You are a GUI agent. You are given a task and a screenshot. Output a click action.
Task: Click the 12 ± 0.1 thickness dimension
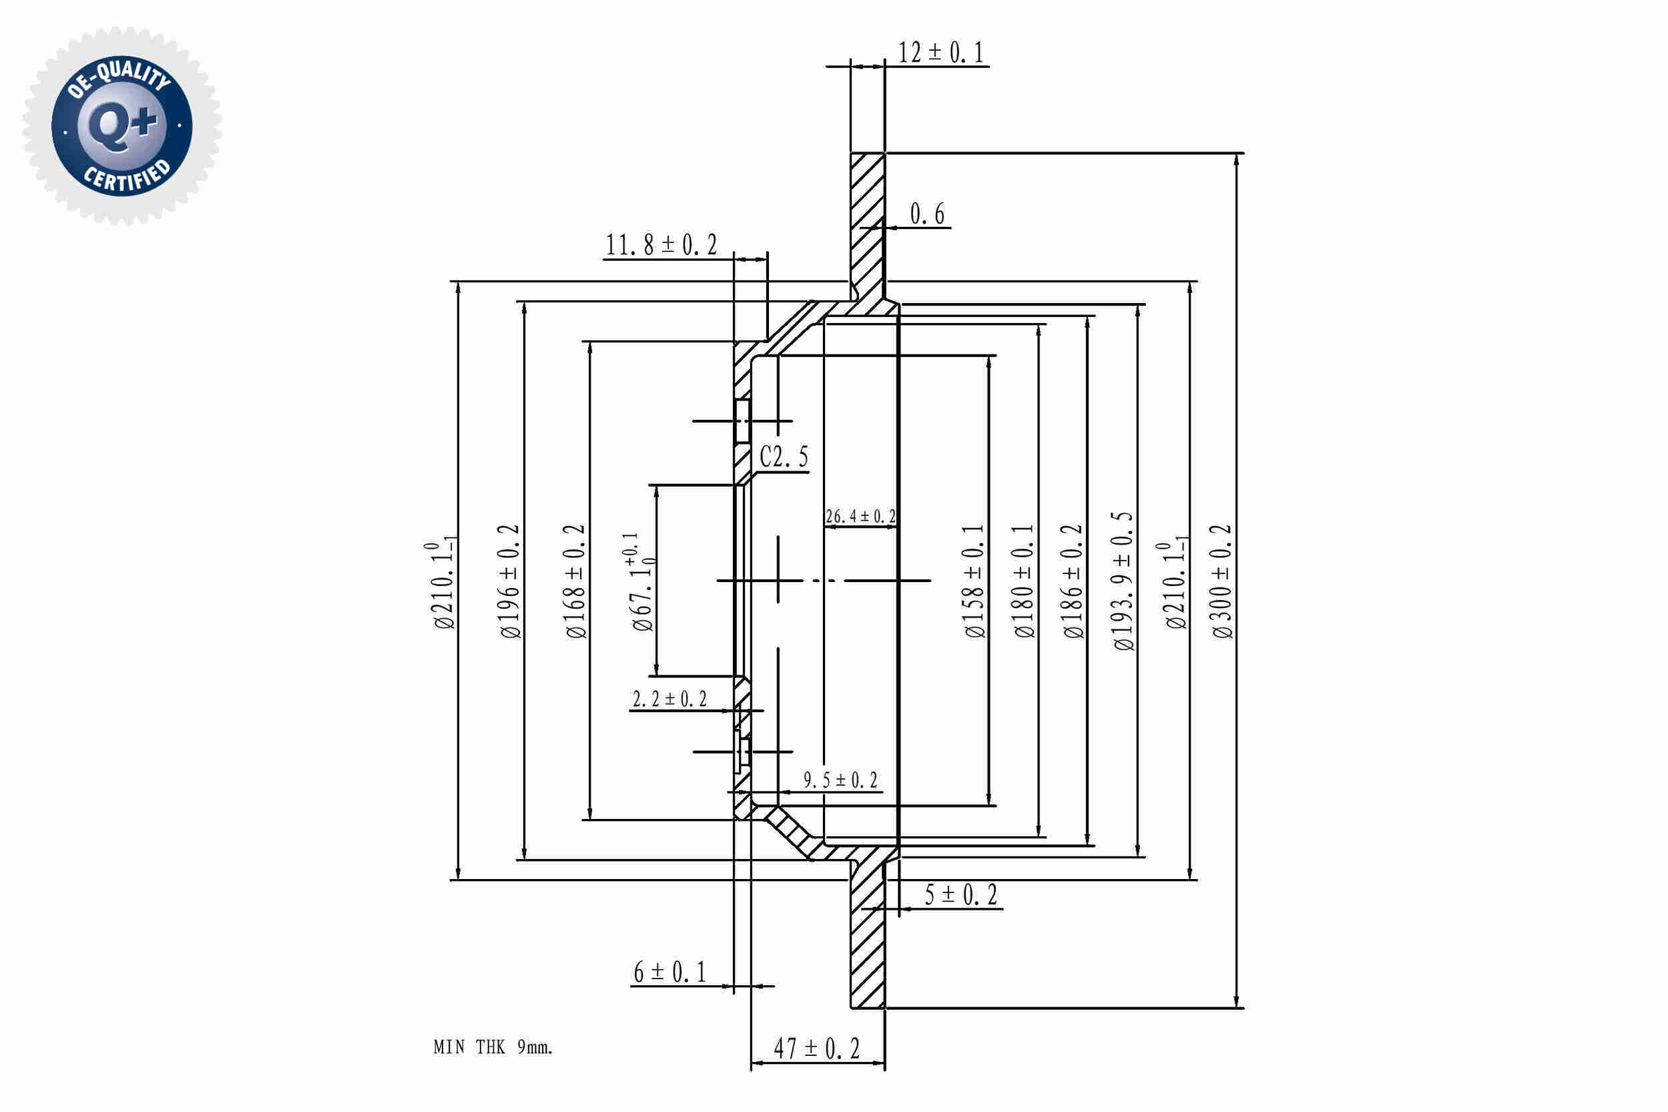pyautogui.click(x=940, y=53)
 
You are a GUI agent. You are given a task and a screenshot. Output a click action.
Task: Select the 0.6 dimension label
pyautogui.click(x=927, y=214)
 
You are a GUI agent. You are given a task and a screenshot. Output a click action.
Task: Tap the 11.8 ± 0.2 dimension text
pyautogui.click(x=660, y=246)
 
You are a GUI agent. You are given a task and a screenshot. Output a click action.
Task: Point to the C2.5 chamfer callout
pyautogui.click(x=784, y=457)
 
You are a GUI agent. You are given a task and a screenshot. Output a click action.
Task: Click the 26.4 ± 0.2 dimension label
pyautogui.click(x=860, y=517)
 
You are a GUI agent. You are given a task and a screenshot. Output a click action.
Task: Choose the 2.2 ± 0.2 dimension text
pyautogui.click(x=669, y=700)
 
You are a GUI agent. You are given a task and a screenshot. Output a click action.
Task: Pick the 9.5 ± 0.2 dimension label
pyautogui.click(x=840, y=781)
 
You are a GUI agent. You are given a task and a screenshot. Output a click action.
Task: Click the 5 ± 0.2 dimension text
pyautogui.click(x=961, y=895)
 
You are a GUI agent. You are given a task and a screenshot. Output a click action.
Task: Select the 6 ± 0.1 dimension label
pyautogui.click(x=669, y=972)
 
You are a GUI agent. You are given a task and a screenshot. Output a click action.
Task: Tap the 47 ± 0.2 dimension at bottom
pyautogui.click(x=816, y=1048)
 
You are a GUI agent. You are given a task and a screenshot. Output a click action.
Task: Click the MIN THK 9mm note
pyautogui.click(x=493, y=1047)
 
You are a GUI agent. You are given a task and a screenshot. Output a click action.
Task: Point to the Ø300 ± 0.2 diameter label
pyautogui.click(x=1222, y=581)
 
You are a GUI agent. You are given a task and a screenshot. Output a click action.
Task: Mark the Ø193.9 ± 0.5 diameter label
pyautogui.click(x=1123, y=581)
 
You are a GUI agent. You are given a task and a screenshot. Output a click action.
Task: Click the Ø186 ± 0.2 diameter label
pyautogui.click(x=1074, y=581)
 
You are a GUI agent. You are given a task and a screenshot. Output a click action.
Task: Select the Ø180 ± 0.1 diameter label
pyautogui.click(x=1024, y=581)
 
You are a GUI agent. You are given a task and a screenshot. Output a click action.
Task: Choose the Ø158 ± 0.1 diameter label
pyautogui.click(x=975, y=581)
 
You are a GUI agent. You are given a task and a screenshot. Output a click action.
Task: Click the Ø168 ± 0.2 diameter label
pyautogui.click(x=575, y=581)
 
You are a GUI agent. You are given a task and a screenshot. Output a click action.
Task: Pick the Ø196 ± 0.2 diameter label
pyautogui.click(x=510, y=581)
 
